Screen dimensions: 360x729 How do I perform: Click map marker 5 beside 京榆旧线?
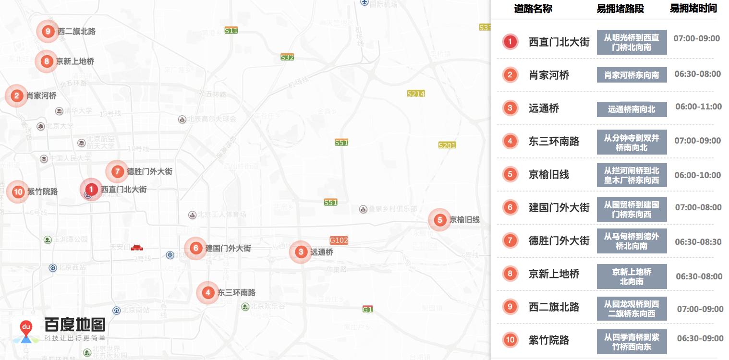[439, 220]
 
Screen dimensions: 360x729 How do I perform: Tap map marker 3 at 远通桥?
[301, 252]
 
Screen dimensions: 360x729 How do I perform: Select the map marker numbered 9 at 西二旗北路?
[47, 32]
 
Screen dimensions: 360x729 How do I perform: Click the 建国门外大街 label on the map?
[228, 248]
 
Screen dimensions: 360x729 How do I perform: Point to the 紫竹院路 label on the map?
[42, 192]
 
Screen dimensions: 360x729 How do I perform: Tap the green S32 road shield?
[287, 57]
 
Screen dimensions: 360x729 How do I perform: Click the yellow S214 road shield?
[415, 94]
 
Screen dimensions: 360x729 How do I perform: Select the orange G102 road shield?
[339, 240]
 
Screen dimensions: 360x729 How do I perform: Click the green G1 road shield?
[367, 309]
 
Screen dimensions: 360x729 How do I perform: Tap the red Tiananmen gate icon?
[137, 247]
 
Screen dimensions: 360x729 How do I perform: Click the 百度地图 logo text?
[75, 324]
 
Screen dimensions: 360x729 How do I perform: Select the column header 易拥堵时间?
[693, 8]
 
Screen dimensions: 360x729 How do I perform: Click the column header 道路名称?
[533, 9]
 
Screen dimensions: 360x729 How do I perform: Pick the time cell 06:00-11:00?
[698, 107]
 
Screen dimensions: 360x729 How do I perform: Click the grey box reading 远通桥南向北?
[632, 109]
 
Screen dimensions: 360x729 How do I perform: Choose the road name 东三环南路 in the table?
[554, 142]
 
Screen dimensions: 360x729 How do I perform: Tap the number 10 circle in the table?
[510, 340]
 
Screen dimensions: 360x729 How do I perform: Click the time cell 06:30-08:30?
[698, 241]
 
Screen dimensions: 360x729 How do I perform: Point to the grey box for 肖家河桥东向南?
[632, 75]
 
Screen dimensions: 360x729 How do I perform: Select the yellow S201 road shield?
[447, 145]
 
